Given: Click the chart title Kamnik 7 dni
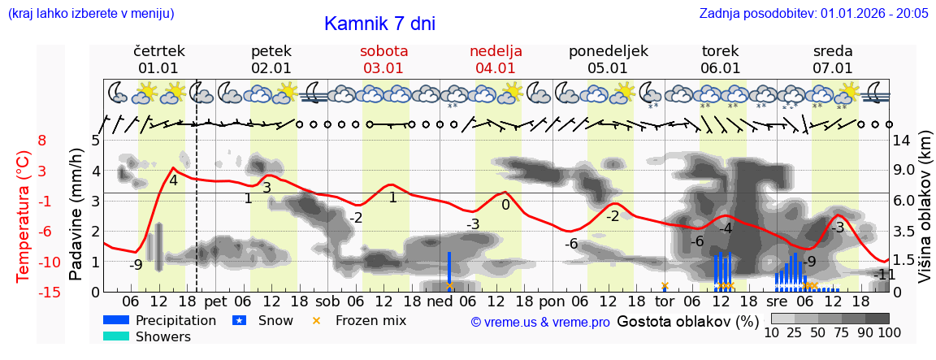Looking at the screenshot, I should click(x=379, y=24).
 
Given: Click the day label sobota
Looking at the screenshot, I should click(x=383, y=51).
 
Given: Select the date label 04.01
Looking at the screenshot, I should click(x=496, y=68).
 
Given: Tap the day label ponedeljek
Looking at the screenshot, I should click(x=608, y=51).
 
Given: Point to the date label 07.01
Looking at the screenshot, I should click(x=833, y=68).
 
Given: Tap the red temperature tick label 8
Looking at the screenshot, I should click(x=42, y=141).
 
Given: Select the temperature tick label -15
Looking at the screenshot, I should click(x=50, y=293).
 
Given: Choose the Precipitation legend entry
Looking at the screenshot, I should click(x=175, y=320).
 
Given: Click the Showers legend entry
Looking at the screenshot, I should click(x=162, y=336).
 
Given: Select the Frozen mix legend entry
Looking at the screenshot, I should click(x=370, y=320).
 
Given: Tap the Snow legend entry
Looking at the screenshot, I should click(x=274, y=320).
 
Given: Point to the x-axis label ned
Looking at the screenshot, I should click(x=439, y=301).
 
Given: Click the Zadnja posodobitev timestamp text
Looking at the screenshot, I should click(x=813, y=13).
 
